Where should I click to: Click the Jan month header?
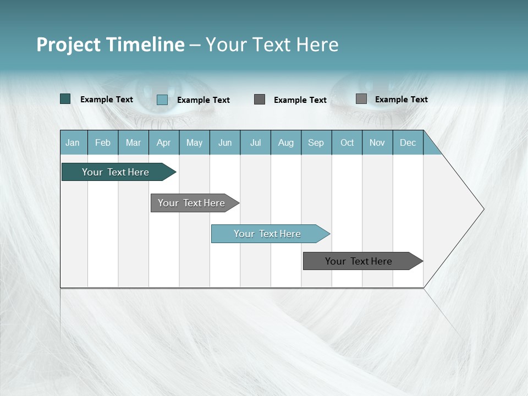[x=73, y=142]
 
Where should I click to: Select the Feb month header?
[x=103, y=142]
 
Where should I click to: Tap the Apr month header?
[x=164, y=142]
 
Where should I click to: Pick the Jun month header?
[x=225, y=142]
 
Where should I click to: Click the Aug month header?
[x=286, y=142]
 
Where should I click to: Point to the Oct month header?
[x=347, y=142]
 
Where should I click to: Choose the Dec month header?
[x=408, y=142]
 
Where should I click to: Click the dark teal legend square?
[x=65, y=99]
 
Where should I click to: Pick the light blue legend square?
[x=162, y=100]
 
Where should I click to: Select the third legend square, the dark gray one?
[x=260, y=100]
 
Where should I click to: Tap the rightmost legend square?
[x=361, y=99]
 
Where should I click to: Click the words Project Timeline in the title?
[x=110, y=45]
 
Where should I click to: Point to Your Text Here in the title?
[x=272, y=45]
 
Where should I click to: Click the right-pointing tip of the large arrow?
[x=482, y=209]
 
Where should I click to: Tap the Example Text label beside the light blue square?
[x=204, y=100]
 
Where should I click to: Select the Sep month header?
[x=316, y=142]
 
